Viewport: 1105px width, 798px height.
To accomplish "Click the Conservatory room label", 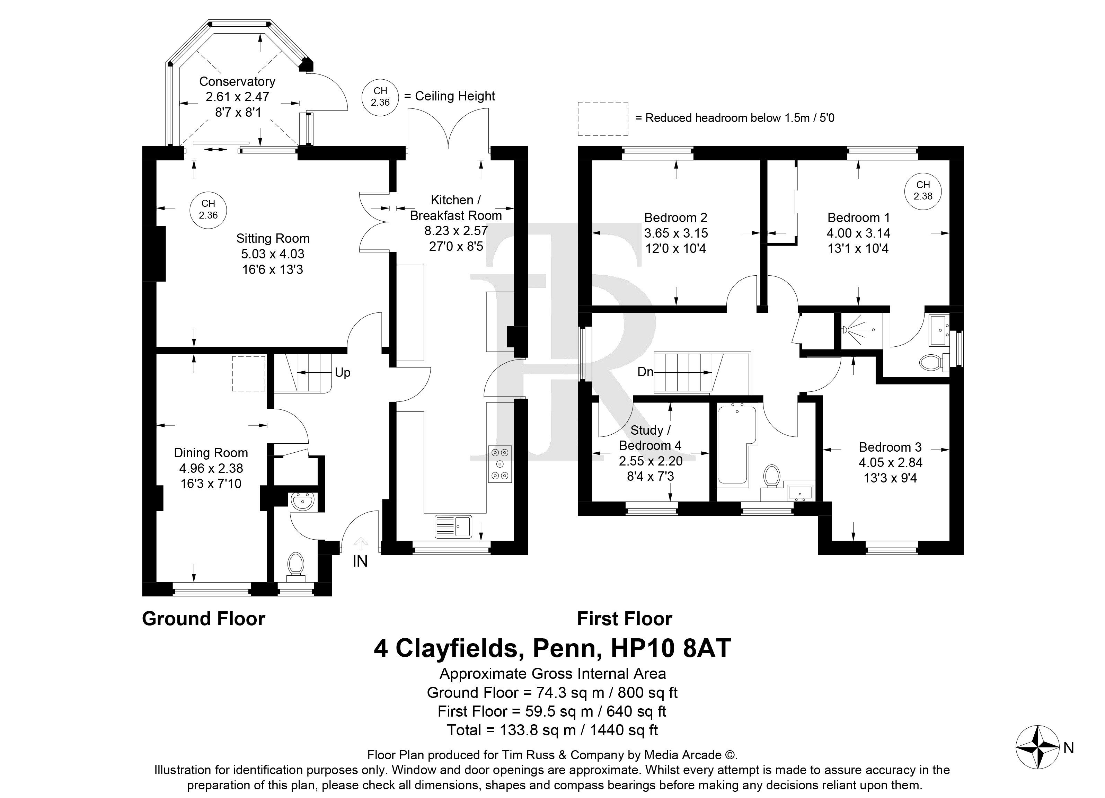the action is click(237, 81).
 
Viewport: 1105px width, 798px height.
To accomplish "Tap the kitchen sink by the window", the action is click(453, 526).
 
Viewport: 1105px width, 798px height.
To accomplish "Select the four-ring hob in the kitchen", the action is click(500, 464).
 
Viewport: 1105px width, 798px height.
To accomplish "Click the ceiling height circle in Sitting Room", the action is click(208, 210).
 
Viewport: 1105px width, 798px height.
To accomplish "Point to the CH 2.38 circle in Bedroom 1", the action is click(923, 191).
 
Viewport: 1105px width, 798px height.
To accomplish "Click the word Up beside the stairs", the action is click(343, 373).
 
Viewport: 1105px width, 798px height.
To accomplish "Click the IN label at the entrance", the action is click(360, 561).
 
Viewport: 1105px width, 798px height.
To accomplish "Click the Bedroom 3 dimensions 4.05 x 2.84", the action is click(891, 462).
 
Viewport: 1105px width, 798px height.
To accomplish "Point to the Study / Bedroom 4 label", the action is click(650, 437).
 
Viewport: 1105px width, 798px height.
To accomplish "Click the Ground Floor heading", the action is click(204, 619).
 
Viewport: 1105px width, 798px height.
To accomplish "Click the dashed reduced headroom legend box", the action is click(603, 118).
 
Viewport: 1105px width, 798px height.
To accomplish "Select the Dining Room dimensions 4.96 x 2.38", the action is click(211, 468).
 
